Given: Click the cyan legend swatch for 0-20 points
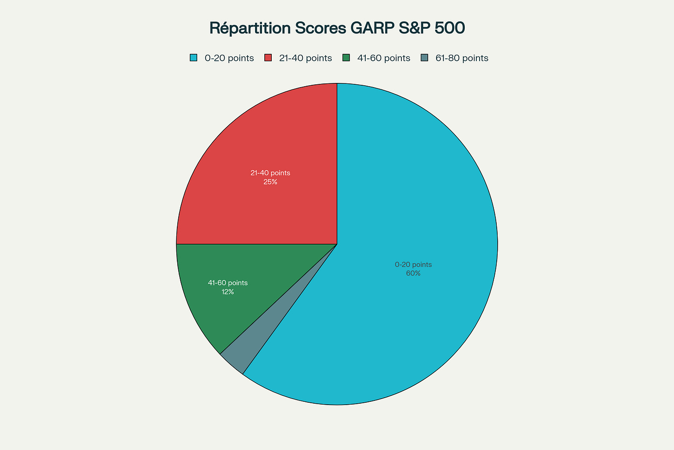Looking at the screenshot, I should [x=193, y=58].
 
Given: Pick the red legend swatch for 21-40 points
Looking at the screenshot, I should [x=268, y=58].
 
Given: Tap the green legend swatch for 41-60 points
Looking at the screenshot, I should [x=346, y=58].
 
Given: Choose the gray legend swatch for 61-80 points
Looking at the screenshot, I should [x=424, y=58].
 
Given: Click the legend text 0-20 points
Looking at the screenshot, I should [x=229, y=58].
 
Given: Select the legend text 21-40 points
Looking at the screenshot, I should [x=306, y=58].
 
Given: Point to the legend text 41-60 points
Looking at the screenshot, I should [x=384, y=58].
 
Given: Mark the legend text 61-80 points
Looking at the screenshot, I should [x=462, y=58].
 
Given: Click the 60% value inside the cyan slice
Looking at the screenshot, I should [x=413, y=273].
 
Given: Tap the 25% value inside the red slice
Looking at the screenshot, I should [x=270, y=182].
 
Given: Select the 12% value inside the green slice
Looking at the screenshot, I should [x=228, y=292].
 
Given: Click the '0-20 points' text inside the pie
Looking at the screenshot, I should [x=413, y=265].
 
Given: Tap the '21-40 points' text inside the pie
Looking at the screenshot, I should [x=270, y=173].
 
